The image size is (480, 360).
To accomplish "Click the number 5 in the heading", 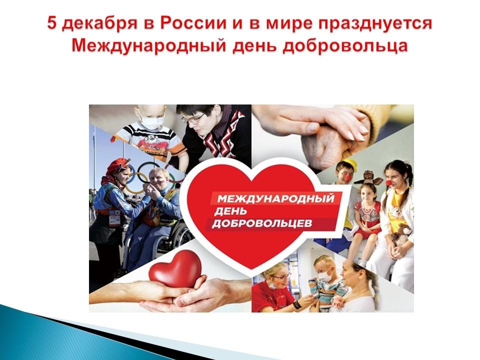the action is pyautogui.click(x=52, y=24).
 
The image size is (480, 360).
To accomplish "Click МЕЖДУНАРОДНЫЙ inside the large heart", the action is pyautogui.click(x=275, y=198).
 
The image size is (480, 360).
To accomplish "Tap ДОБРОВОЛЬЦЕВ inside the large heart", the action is pyautogui.click(x=262, y=223).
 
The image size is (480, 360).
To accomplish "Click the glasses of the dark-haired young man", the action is pyautogui.click(x=193, y=118).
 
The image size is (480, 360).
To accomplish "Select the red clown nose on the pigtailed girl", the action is pyautogui.click(x=388, y=183).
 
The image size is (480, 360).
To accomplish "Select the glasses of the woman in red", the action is pyautogui.click(x=281, y=276).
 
